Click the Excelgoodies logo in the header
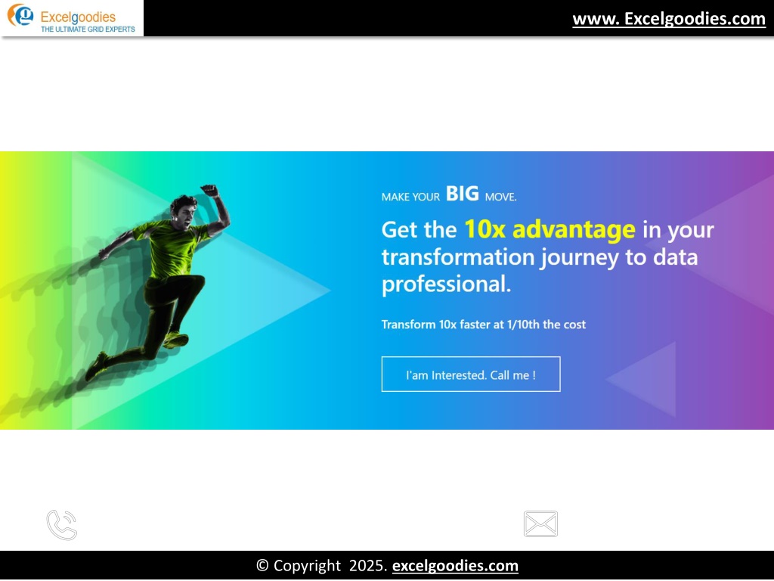click(x=72, y=18)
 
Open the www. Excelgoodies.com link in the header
click(x=669, y=19)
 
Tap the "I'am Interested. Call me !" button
click(x=471, y=374)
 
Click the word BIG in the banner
click(x=463, y=194)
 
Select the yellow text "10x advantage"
click(x=550, y=229)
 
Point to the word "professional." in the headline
click(x=446, y=284)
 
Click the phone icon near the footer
click(x=62, y=525)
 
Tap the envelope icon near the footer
click(x=540, y=524)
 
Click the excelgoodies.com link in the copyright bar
click(x=455, y=566)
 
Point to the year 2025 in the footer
click(x=368, y=566)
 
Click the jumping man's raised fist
click(x=210, y=190)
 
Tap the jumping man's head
click(x=183, y=211)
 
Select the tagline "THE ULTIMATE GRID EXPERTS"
click(x=88, y=30)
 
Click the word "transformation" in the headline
click(x=458, y=257)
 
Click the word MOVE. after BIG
click(x=500, y=197)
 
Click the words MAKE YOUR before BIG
click(x=410, y=197)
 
